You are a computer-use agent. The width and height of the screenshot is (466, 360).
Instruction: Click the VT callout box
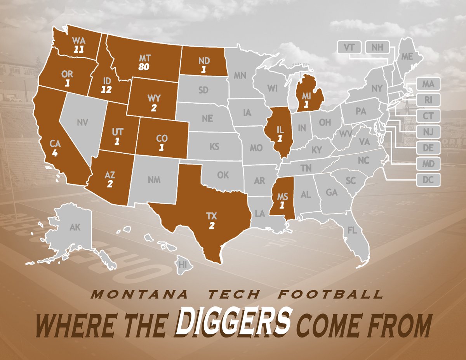pyautogui.click(x=349, y=47)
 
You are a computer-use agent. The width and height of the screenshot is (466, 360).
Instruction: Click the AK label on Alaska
pyautogui.click(x=75, y=227)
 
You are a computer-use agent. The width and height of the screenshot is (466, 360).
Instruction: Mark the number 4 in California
pyautogui.click(x=55, y=153)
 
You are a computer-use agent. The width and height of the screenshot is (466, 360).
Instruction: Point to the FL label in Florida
pyautogui.click(x=352, y=231)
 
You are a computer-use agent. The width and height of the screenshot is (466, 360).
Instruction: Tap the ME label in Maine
pyautogui.click(x=407, y=57)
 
